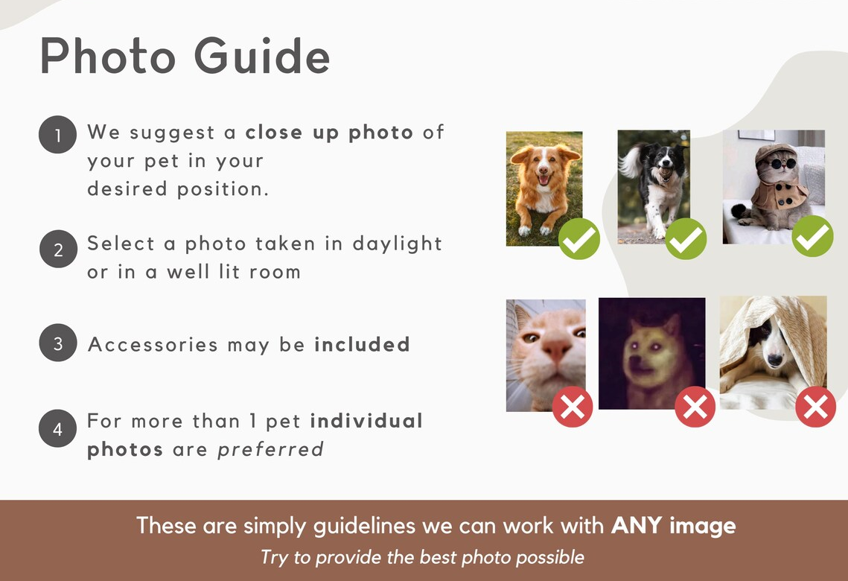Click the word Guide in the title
262,56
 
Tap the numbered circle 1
57,135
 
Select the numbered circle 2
58,249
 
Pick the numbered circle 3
58,343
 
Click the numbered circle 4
57,428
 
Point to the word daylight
397,244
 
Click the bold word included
362,344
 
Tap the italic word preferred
270,450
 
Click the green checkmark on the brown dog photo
579,238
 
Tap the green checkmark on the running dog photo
686,238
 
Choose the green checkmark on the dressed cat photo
812,236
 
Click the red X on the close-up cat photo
573,407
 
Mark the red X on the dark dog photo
695,407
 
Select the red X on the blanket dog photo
815,407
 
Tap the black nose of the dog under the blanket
775,360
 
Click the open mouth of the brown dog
543,179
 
